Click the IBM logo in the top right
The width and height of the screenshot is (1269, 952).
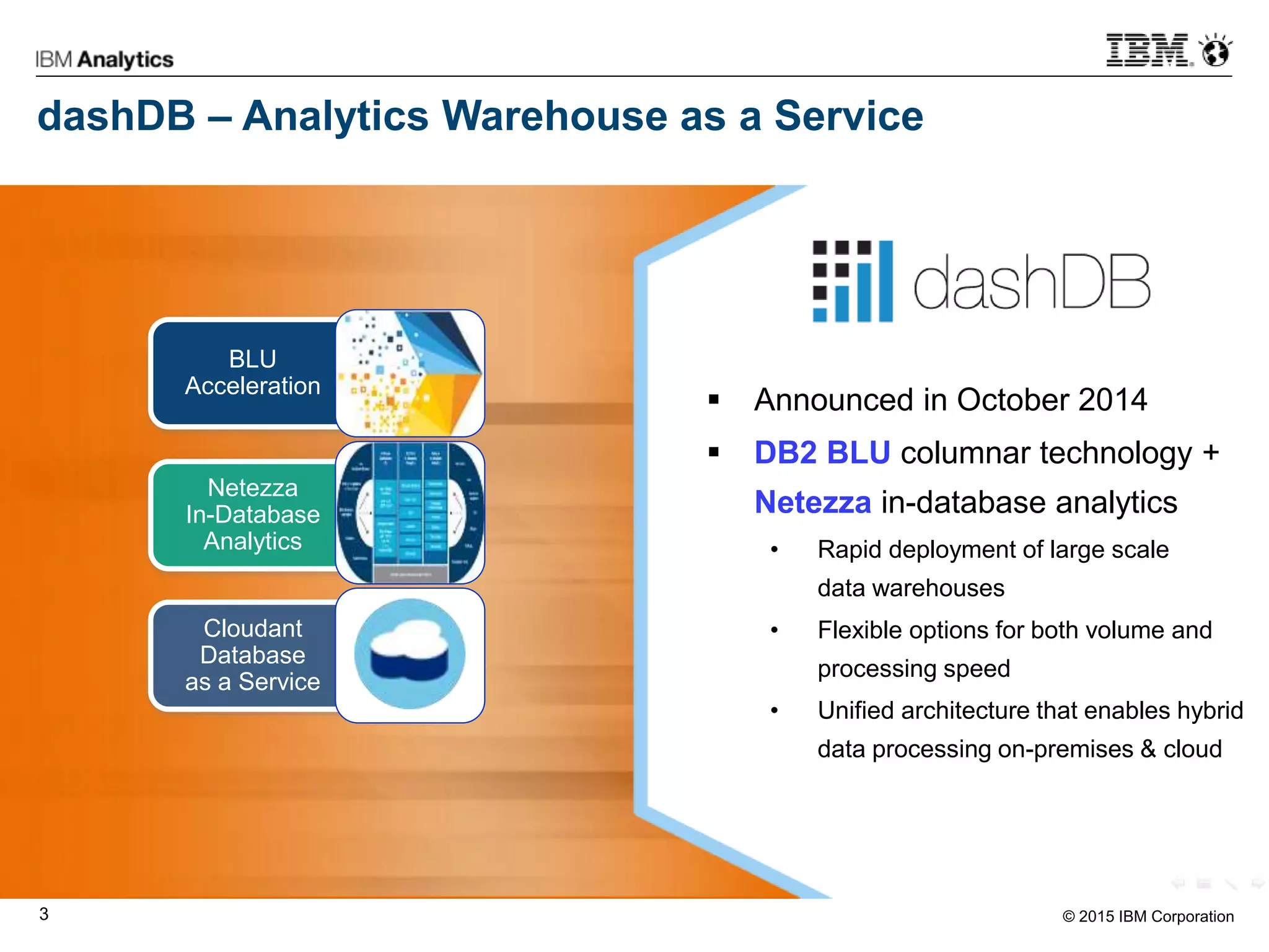pyautogui.click(x=1148, y=51)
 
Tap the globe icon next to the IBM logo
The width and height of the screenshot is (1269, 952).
pyautogui.click(x=1215, y=51)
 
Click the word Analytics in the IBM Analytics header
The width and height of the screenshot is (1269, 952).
pyautogui.click(x=126, y=59)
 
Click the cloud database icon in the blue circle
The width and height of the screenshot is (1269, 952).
pyautogui.click(x=410, y=654)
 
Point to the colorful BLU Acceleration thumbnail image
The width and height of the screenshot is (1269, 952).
pyautogui.click(x=410, y=373)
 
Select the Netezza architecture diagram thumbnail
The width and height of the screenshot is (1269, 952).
pyautogui.click(x=410, y=513)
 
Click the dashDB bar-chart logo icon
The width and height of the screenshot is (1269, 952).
pyautogui.click(x=853, y=282)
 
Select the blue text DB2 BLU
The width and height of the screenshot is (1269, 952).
pyautogui.click(x=822, y=452)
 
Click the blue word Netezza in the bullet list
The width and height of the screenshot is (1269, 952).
pyautogui.click(x=812, y=502)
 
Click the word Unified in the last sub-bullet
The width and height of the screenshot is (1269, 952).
pyautogui.click(x=856, y=711)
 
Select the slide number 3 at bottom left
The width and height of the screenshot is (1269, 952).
pyautogui.click(x=44, y=914)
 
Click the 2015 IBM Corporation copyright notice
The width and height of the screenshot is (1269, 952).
pyautogui.click(x=1148, y=916)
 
